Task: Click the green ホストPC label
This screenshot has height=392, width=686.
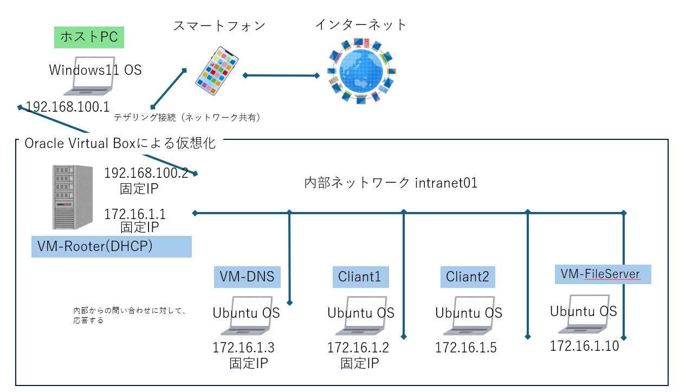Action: point(89,37)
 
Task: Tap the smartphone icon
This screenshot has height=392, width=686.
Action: point(217,71)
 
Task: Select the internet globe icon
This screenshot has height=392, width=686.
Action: point(361,71)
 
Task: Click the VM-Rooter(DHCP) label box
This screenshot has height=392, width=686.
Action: point(112,246)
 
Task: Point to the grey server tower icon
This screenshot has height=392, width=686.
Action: point(72,197)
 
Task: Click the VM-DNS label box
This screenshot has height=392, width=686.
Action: point(247,277)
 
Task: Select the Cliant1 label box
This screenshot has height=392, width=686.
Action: point(361,277)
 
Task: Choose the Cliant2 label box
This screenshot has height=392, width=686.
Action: point(468,277)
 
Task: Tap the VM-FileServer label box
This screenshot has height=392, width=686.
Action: point(603,274)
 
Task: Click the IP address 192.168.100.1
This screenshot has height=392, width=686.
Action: point(68,107)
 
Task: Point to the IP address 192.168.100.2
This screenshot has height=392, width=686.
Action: point(146,173)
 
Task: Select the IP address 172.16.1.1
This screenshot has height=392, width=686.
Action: point(135,214)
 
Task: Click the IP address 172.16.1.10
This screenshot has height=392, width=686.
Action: point(585,346)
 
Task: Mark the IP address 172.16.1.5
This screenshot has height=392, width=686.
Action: point(466,348)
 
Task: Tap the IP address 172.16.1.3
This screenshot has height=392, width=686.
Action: point(243,348)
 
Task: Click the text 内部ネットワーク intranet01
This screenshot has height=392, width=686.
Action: point(391,183)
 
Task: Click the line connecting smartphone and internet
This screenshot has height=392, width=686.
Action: point(281,75)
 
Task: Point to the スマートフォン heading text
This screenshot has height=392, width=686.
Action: point(219,25)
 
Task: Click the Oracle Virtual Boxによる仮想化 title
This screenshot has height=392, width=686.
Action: point(120,144)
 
